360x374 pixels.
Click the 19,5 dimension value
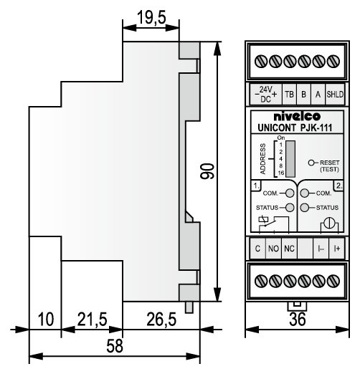tap(151, 18)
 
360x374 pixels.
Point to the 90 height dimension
tap(207, 171)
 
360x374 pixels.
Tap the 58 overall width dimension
tap(115, 346)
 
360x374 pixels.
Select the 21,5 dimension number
tap(93, 320)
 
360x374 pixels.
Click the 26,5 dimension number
tap(161, 320)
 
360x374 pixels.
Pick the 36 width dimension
tap(298, 320)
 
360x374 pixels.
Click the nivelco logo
tap(297, 116)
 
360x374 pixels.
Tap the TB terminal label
tap(289, 95)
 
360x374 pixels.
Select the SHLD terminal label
tap(335, 95)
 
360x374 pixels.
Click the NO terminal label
tap(273, 249)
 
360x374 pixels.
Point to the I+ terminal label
tap(337, 249)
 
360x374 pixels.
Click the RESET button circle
tap(311, 163)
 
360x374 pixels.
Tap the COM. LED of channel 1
tap(290, 193)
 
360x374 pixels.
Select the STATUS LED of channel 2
tap(305, 208)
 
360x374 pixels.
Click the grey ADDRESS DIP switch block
tap(290, 159)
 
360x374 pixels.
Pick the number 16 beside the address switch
tap(281, 173)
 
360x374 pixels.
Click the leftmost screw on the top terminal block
tap(261, 61)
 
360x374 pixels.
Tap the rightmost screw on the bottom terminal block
tap(333, 281)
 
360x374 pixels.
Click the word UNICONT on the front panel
tap(277, 128)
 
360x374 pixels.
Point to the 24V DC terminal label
tap(265, 95)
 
